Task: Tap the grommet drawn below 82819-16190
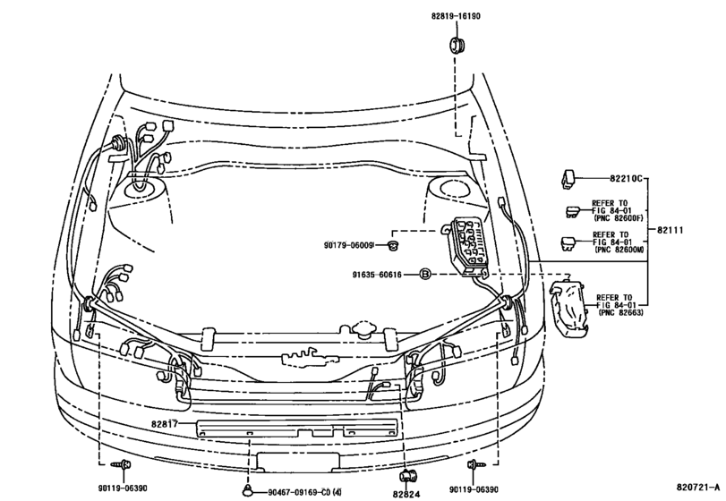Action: point(457,45)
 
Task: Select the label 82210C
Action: point(626,178)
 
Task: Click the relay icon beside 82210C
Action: point(568,179)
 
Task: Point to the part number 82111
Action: point(670,230)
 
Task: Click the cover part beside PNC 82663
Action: point(569,306)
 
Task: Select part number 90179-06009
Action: point(348,245)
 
